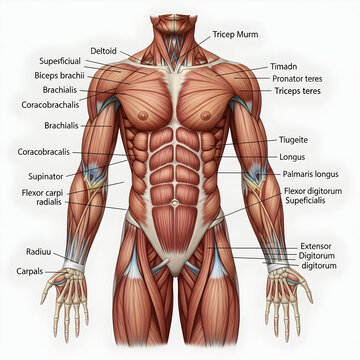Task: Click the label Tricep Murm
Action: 235,34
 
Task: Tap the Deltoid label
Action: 103,50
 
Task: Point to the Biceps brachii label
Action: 57,74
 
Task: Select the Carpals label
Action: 29,271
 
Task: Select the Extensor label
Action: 317,245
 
